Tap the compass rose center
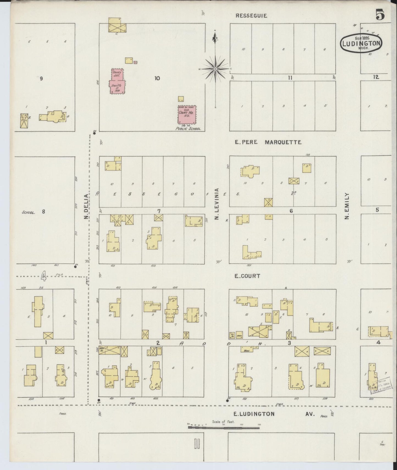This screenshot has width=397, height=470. (x=215, y=68)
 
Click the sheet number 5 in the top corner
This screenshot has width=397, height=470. (x=380, y=15)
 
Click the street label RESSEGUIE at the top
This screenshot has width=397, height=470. (x=251, y=16)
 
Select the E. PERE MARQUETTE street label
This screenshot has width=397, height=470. (x=268, y=142)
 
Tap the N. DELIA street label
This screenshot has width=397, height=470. (x=86, y=207)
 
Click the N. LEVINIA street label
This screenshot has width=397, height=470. (x=216, y=204)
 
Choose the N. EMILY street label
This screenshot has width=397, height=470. (x=347, y=206)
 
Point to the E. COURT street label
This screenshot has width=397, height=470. (x=247, y=276)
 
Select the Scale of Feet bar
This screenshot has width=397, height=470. (x=224, y=427)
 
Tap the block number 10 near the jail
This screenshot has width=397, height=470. (x=157, y=78)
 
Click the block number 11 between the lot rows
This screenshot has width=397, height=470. (x=290, y=78)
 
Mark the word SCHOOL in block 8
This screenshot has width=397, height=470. (x=28, y=212)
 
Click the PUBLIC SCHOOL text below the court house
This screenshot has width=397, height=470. (x=188, y=128)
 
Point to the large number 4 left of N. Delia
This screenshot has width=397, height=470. (x=43, y=276)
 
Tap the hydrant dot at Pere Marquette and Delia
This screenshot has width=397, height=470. (x=94, y=133)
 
